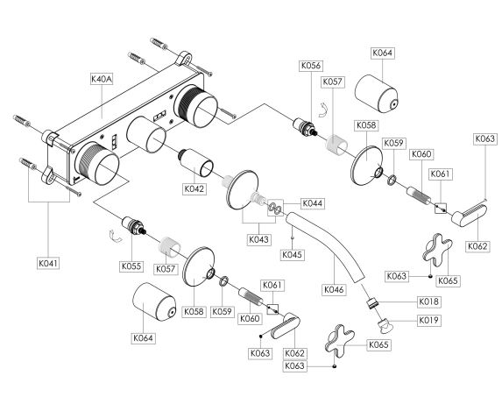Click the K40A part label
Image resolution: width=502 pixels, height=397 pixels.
coord(102,79)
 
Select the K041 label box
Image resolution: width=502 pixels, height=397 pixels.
coord(48,264)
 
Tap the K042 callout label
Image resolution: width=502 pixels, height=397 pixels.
coord(194,188)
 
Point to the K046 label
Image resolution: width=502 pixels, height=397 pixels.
coord(334,289)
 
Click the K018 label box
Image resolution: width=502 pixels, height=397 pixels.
coord(429,301)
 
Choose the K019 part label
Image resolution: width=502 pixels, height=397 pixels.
coord(429,320)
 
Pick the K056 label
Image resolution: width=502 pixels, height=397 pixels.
coord(310,66)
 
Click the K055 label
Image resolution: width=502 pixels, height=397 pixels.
coord(131,266)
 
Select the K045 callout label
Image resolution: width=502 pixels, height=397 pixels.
coord(292,255)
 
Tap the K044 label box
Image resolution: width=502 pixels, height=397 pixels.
coord(313,203)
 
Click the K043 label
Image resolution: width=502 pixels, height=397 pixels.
coord(259,239)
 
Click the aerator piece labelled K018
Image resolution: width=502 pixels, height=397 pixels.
coord(372,303)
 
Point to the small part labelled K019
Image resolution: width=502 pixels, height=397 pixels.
coord(384,326)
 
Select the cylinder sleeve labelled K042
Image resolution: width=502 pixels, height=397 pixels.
coord(196,163)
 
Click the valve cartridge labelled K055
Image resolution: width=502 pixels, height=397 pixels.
coord(135,225)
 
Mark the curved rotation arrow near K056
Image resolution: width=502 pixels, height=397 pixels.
coord(323,110)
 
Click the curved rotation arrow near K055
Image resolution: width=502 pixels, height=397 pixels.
coord(115,237)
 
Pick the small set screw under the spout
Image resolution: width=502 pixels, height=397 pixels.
coord(292,237)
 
